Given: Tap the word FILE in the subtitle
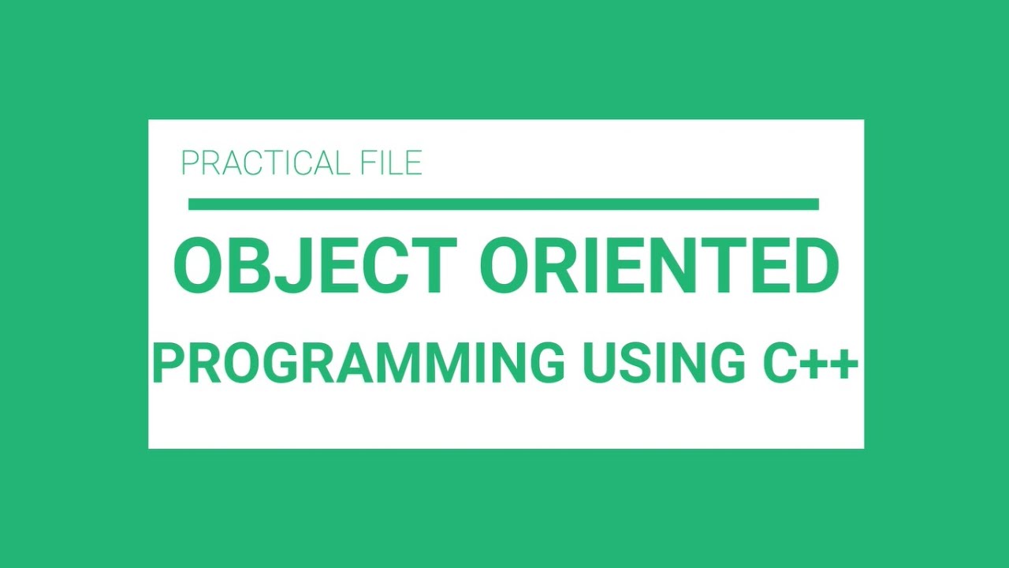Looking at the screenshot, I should [x=393, y=163].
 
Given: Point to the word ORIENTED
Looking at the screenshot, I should [x=659, y=267].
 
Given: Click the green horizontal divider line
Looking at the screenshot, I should [x=503, y=204].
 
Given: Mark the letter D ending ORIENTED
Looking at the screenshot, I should [x=813, y=267].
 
